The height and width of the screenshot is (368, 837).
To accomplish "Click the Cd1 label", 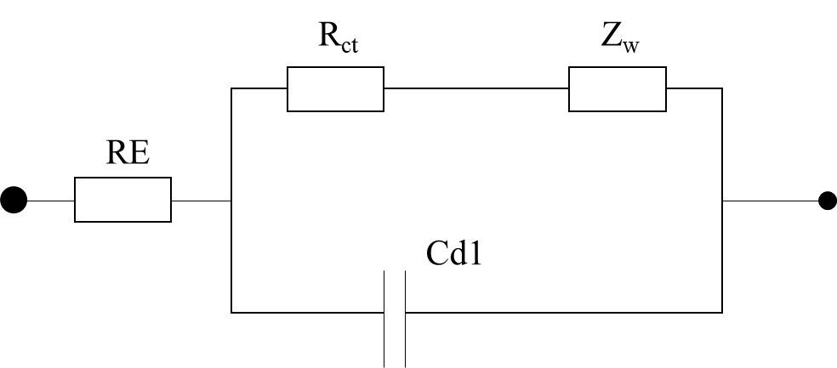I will pos(454,253).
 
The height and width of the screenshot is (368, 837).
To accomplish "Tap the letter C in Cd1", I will pos(437,253).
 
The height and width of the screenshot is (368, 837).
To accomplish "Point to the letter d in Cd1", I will pos(458,253).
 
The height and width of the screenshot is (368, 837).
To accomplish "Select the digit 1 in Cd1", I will pos(475,253).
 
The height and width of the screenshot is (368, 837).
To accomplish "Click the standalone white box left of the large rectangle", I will pos(122,200).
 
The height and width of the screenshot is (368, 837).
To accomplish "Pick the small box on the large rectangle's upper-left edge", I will pos(335,89).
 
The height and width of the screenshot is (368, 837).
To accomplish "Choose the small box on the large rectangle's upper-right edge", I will pos(617,89).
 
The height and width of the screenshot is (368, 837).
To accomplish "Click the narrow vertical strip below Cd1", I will pos(395,319).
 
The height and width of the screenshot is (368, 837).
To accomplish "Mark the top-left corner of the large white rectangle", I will pos(233,89).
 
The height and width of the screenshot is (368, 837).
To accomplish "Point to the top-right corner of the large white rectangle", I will pos(720,89).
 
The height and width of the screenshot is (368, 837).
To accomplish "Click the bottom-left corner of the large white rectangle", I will pos(233,311).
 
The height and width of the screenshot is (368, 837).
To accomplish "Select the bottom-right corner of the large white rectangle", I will pos(720,311).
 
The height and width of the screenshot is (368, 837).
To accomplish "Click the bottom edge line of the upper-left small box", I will pos(335,110).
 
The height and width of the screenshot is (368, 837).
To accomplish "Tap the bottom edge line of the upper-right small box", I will pos(617,110).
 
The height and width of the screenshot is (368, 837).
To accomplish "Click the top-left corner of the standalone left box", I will pos(77,179).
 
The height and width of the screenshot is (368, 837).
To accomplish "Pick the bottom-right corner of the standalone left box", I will pos(169,220).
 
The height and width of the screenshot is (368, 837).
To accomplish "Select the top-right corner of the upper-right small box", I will pos(664,69).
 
